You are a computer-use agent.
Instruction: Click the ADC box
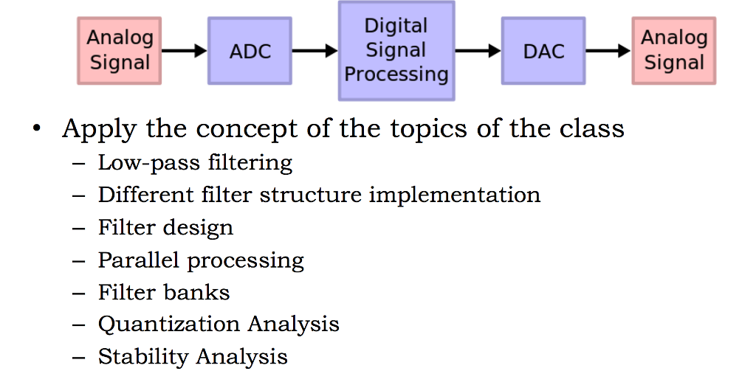tap(250, 51)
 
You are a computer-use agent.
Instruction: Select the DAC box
tap(543, 51)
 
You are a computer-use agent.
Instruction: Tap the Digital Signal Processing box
tap(396, 50)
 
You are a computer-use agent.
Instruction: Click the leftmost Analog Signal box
tap(120, 50)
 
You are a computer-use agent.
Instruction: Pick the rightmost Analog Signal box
tap(673, 50)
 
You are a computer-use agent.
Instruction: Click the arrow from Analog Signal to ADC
tap(185, 51)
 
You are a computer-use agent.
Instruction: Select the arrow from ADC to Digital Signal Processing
tap(315, 51)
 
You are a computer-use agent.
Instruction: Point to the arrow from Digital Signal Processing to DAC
tap(478, 51)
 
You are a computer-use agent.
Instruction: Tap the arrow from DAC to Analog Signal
tap(608, 51)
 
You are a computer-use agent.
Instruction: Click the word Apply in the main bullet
tap(99, 130)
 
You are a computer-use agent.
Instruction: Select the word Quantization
tap(169, 324)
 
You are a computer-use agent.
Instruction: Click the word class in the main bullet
tap(591, 129)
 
